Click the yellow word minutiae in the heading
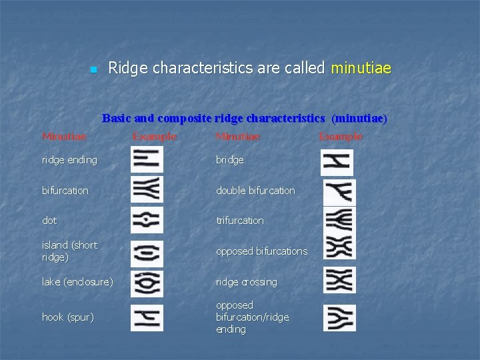tap(361, 68)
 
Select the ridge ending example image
tap(147, 160)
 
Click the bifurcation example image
tap(147, 190)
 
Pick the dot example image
tap(147, 220)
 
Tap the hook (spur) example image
tap(147, 317)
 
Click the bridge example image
tap(337, 162)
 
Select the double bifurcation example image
tap(339, 193)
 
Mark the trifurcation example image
tap(339, 221)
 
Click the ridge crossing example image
tap(339, 280)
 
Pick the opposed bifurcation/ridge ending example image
tap(339, 317)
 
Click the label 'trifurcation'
tap(239, 221)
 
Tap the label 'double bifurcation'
tap(255, 191)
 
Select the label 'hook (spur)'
tap(67, 317)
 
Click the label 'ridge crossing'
tap(246, 282)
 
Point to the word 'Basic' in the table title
tap(117, 119)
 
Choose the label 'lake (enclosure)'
tap(77, 282)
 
